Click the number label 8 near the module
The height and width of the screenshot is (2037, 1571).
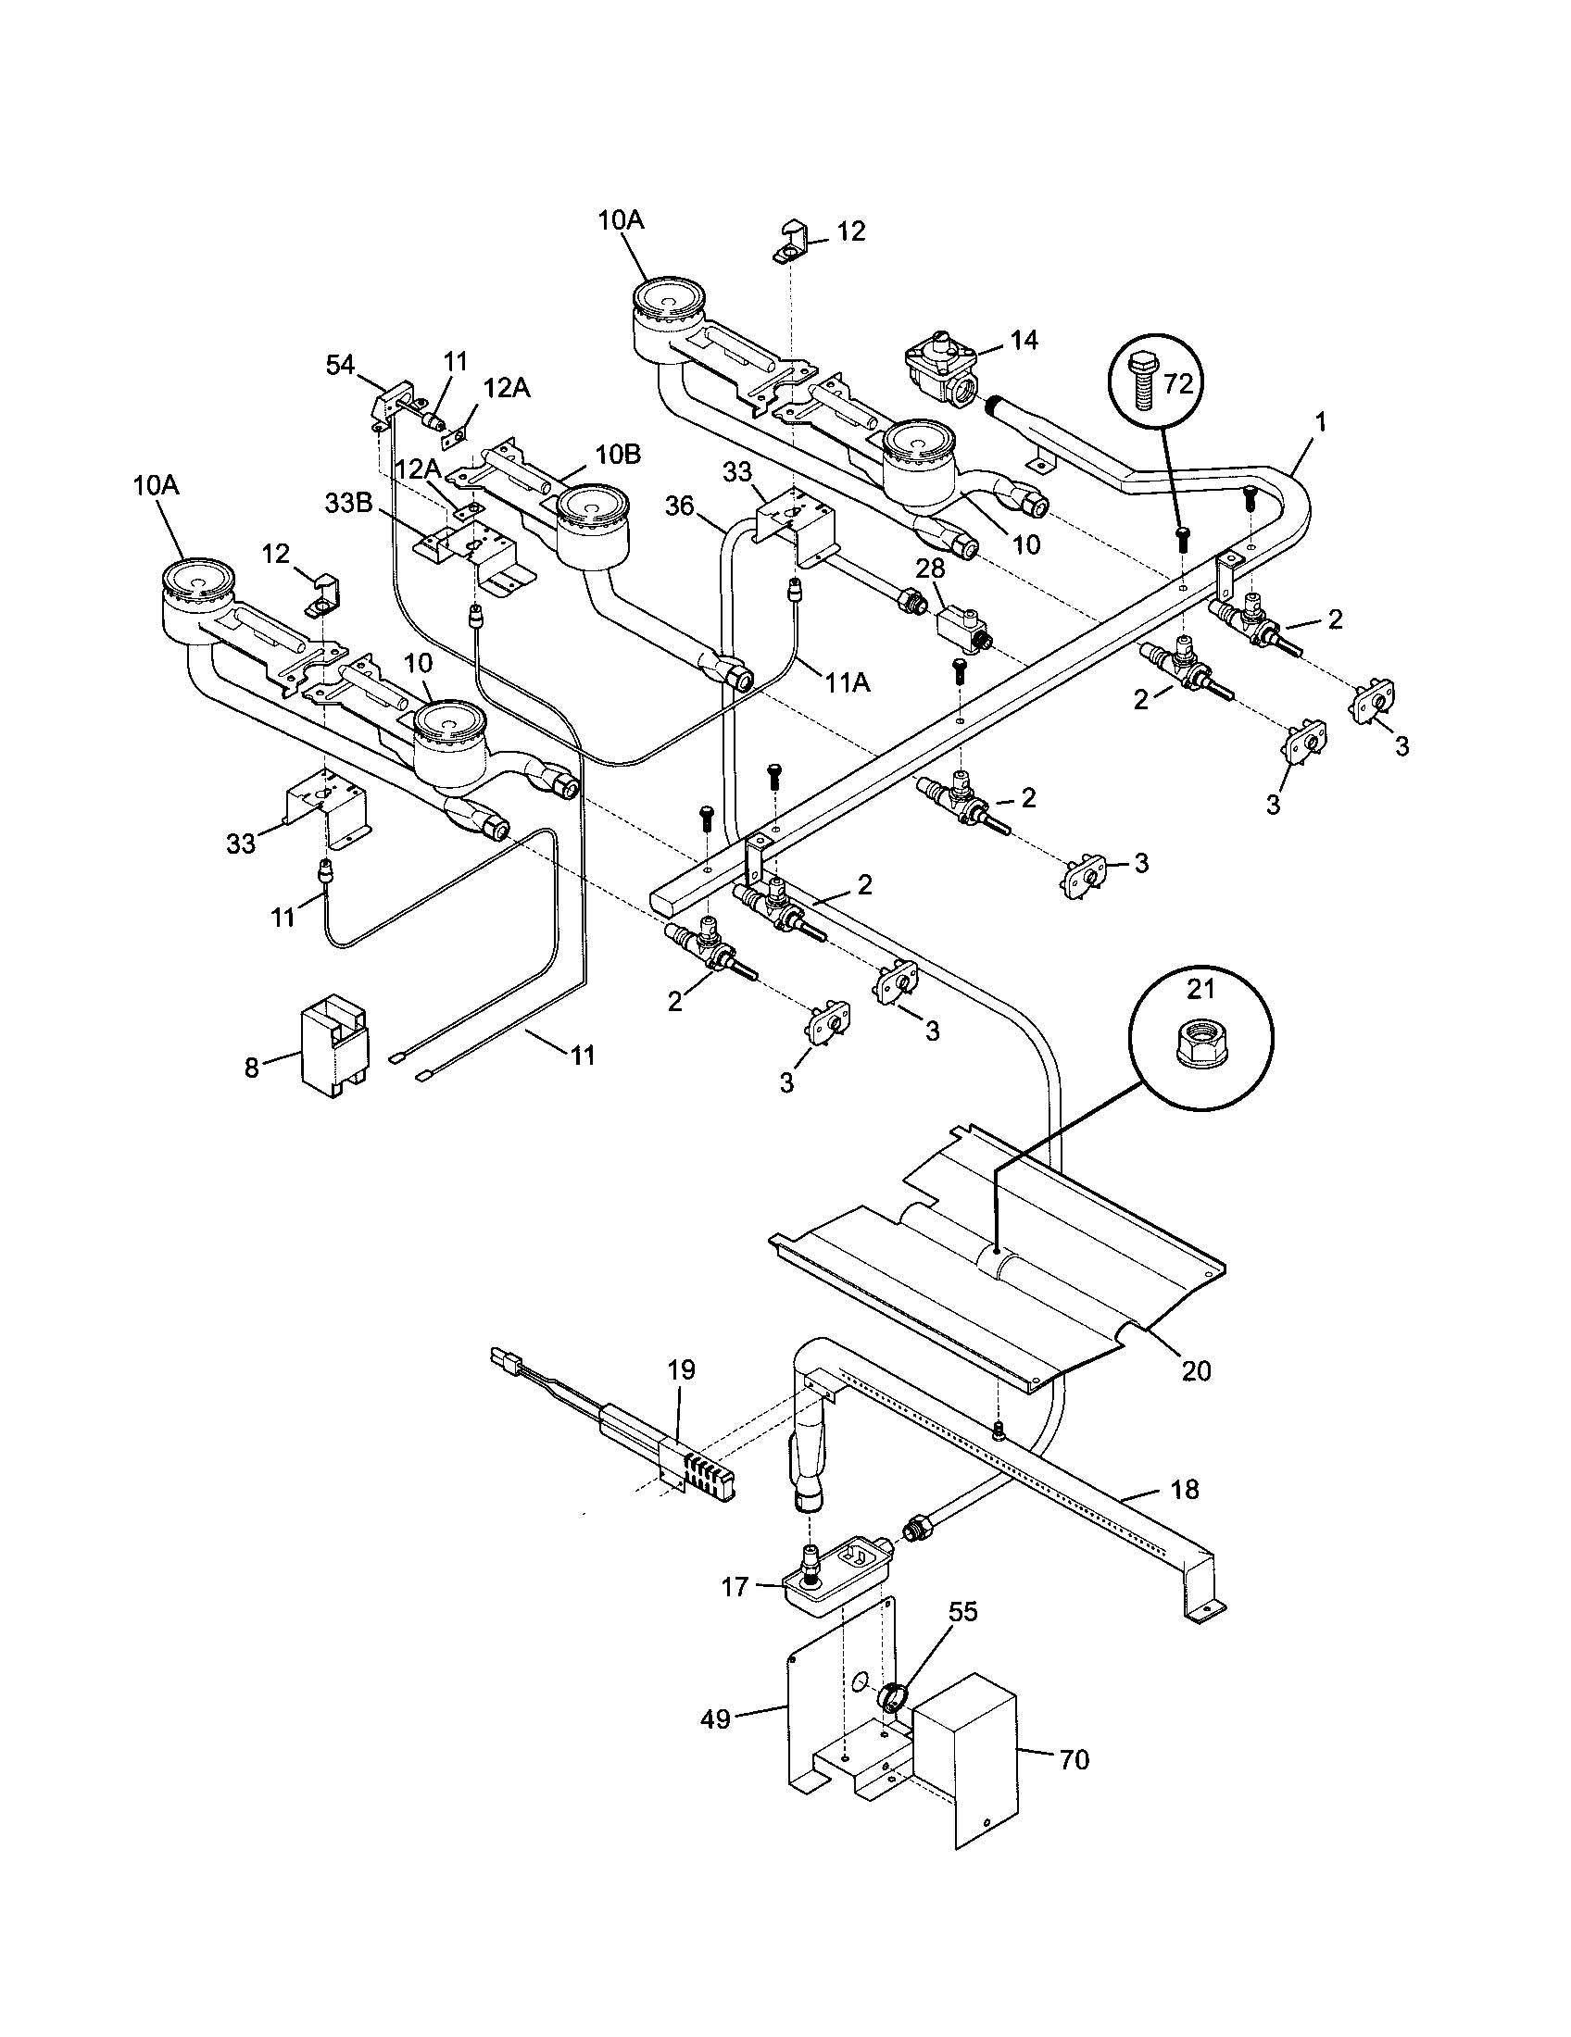coord(251,1067)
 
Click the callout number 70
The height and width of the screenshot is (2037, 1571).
coord(1074,1761)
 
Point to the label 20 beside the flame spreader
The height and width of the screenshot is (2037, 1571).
coord(1196,1370)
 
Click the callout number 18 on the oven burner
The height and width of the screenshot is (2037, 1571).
coord(1184,1490)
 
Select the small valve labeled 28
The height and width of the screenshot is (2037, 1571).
coord(961,622)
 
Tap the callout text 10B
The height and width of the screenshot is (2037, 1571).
coord(619,456)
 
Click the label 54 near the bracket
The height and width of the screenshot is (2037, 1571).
coord(341,365)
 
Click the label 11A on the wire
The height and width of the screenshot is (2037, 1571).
coord(847,682)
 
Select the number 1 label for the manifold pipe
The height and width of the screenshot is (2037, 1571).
coord(1319,421)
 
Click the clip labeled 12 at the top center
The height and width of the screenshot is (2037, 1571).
coord(791,244)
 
